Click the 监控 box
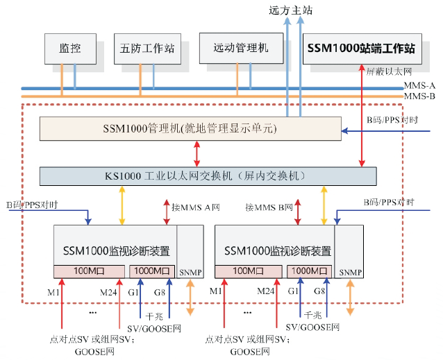[x=70, y=49]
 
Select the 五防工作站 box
[x=147, y=49]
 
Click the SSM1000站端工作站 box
[x=361, y=49]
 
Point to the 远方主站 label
[x=290, y=10]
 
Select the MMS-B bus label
[x=419, y=96]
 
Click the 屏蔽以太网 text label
[x=390, y=71]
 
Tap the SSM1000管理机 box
[x=190, y=128]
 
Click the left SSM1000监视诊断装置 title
[x=116, y=250]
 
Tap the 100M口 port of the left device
[x=89, y=271]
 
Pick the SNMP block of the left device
[x=190, y=273]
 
